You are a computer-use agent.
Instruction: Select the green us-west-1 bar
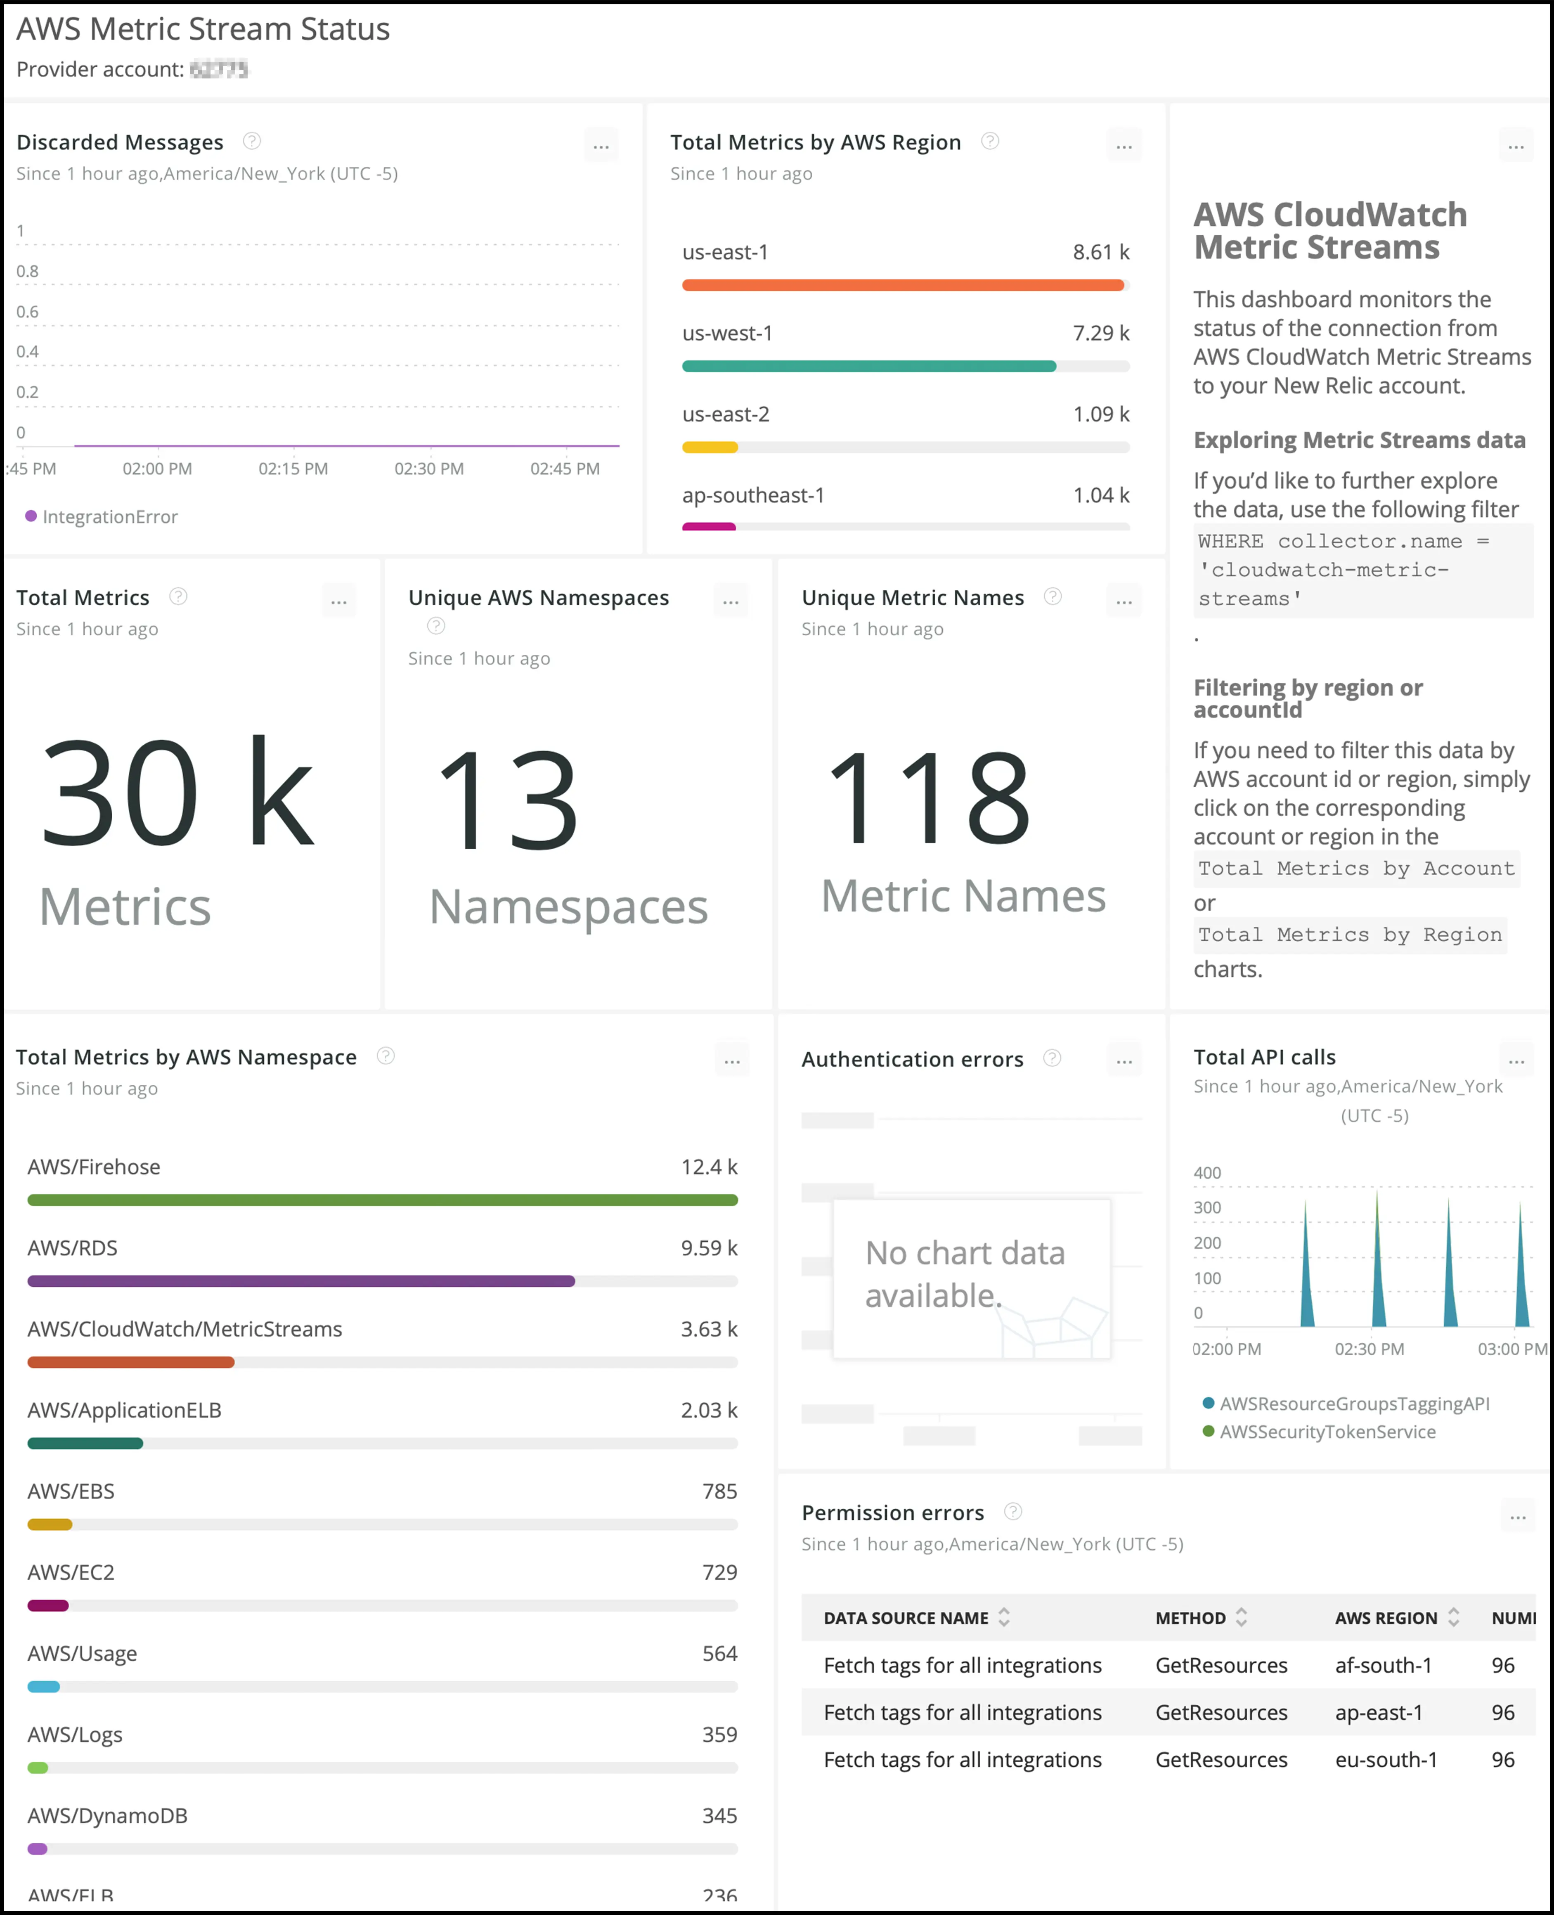click(868, 366)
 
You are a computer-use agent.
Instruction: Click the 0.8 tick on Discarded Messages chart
click(28, 271)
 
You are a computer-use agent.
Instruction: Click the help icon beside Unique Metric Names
click(1053, 596)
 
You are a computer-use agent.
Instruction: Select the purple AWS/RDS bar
click(301, 1281)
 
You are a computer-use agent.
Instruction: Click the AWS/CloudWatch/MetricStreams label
click(184, 1330)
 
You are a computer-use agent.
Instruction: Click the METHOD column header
click(1190, 1618)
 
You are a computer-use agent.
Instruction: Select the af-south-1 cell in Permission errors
click(1383, 1665)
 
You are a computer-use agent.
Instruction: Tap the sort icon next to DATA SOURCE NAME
click(1004, 1617)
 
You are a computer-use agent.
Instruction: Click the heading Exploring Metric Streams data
click(1359, 440)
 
